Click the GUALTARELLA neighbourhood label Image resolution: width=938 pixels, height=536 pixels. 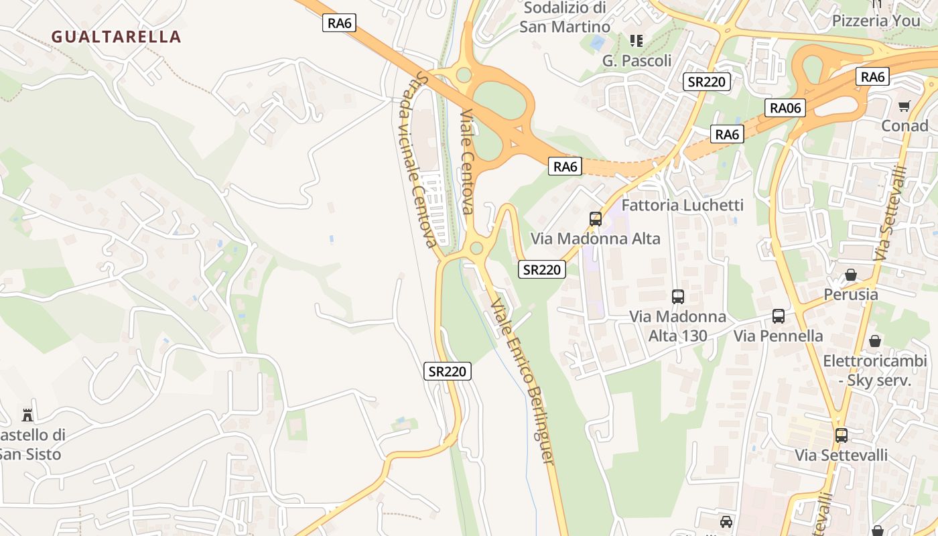(117, 36)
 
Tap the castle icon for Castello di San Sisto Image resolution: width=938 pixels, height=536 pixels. (27, 415)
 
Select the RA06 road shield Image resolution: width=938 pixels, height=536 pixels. (785, 107)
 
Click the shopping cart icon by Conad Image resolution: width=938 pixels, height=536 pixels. (904, 106)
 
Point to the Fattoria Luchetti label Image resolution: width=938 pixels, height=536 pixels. (682, 205)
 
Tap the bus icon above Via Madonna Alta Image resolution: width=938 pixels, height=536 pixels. (595, 218)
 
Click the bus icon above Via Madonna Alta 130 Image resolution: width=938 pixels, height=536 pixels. (677, 296)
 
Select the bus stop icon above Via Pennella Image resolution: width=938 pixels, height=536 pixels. (778, 316)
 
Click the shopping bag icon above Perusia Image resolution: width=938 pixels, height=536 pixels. (850, 275)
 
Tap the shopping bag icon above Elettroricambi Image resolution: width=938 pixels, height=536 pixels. (874, 341)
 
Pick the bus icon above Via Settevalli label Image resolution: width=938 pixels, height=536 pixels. (841, 435)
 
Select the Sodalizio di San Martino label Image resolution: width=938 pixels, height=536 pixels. (565, 17)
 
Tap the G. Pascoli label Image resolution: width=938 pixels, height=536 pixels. (636, 60)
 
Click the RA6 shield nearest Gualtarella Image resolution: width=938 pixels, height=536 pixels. (339, 23)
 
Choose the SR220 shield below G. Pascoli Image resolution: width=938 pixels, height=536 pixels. (707, 82)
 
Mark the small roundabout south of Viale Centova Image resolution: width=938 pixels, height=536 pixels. (476, 249)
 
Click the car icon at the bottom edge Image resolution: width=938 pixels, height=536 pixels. (726, 521)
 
